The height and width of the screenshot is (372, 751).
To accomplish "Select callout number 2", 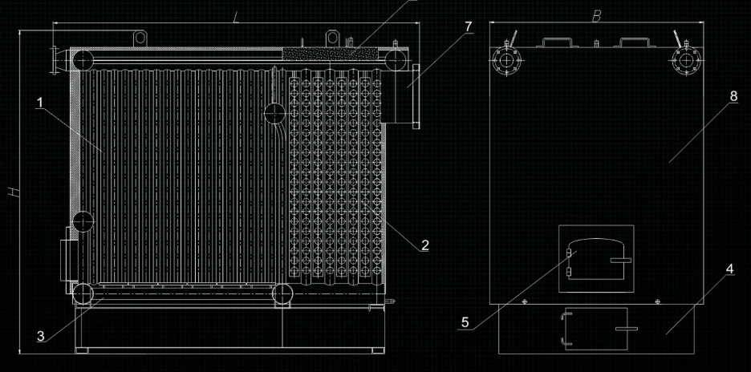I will coord(424,245).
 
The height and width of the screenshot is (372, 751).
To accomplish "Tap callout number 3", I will coord(40,336).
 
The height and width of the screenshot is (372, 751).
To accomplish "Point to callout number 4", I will coord(729,270).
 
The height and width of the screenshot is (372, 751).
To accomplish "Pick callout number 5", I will coord(465,323).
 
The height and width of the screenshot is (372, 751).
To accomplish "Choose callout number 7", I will coord(468,26).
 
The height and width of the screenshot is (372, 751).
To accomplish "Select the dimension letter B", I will coord(595,17).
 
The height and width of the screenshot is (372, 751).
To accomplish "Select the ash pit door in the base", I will coord(595,329).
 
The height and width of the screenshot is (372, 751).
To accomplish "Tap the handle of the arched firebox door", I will coord(620,260).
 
